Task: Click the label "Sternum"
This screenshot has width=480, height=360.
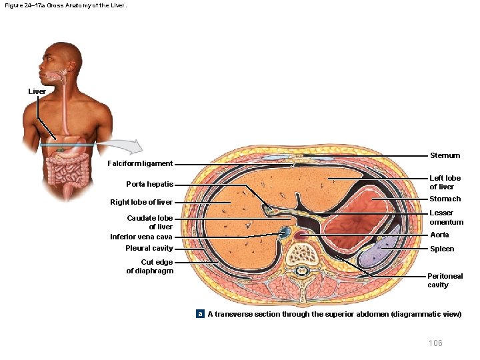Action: point(445,155)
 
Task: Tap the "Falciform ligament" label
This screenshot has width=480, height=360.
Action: point(140,164)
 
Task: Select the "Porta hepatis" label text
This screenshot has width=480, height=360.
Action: point(149,185)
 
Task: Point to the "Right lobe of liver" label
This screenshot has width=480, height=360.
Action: point(141,202)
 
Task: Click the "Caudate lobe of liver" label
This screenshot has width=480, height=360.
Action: point(150,222)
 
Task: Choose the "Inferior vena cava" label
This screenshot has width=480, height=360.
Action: point(141,237)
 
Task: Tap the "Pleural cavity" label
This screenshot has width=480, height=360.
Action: point(149,249)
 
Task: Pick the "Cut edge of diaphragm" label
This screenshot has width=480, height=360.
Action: point(150,266)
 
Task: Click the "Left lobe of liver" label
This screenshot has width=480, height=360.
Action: point(445,182)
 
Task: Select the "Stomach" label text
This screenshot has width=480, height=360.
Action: point(445,199)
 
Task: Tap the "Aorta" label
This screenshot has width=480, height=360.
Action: point(439,235)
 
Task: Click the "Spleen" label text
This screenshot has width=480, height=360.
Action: point(442,249)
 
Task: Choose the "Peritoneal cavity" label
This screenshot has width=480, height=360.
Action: point(445,280)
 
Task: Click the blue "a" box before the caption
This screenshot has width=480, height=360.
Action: point(199,313)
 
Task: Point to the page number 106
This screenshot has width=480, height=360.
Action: point(435,343)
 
